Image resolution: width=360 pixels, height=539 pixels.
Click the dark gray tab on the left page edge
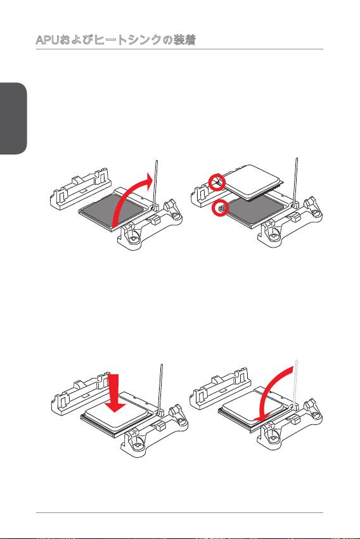[13, 118]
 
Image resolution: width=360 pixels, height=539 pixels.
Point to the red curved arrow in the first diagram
[128, 200]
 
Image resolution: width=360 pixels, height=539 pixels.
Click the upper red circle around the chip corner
[217, 182]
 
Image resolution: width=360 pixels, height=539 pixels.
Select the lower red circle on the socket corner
[220, 208]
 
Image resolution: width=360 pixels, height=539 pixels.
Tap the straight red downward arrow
[115, 393]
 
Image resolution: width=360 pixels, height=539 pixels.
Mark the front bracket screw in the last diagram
[273, 439]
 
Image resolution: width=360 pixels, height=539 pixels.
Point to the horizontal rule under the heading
[179, 49]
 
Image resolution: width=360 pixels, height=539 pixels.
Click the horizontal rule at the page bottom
[179, 513]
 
